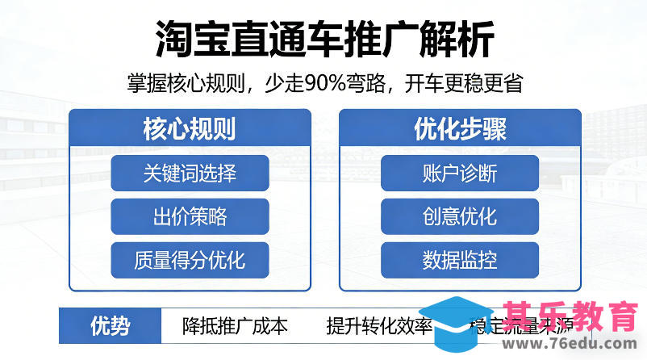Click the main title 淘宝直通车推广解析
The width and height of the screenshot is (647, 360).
point(323,38)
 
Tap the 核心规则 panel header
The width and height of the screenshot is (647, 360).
point(190,128)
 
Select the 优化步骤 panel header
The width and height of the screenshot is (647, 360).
point(460,128)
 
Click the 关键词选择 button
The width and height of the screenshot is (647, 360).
point(190,173)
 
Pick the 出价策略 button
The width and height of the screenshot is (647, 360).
point(190,216)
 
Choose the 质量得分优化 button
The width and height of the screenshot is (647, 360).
point(190,260)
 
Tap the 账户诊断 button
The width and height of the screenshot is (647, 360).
point(460,173)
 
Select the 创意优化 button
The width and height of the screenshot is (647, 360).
point(460,216)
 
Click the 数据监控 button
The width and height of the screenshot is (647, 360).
point(460,260)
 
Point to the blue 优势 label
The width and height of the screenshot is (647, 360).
point(109,326)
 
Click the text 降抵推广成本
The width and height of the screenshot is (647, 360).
point(235,326)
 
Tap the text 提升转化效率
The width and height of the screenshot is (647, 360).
point(379,326)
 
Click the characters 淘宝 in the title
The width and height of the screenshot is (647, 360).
point(182,38)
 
